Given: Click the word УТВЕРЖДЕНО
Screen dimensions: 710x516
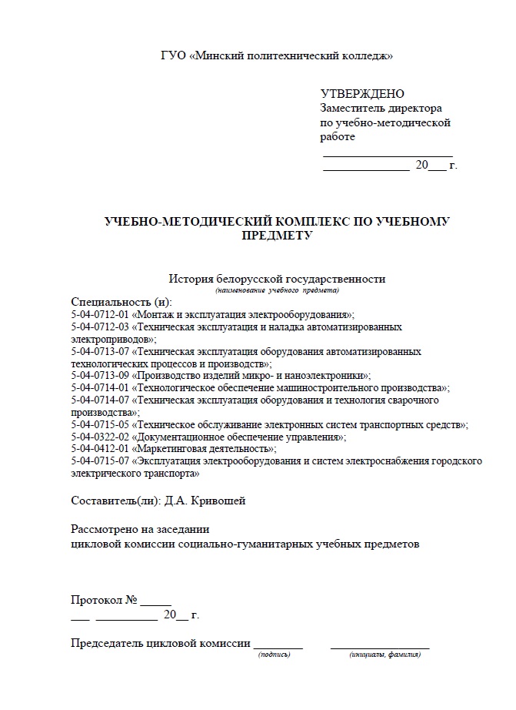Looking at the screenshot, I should click(362, 94).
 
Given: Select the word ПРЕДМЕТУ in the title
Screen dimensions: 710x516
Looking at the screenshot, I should click(277, 236).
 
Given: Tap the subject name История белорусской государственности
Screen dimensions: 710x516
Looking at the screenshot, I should click(277, 279).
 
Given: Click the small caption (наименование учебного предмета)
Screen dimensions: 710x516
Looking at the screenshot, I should click(277, 290).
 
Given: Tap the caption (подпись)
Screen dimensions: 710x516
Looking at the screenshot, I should click(275, 655).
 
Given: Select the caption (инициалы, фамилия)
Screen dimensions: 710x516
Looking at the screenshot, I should click(385, 655).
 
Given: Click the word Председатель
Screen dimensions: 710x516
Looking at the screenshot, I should click(106, 644).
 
